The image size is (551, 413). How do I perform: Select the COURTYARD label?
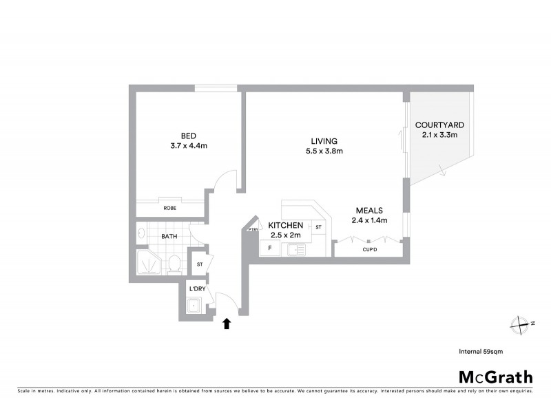[439, 125]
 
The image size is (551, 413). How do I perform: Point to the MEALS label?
[369, 211]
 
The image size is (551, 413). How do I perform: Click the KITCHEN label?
[285, 226]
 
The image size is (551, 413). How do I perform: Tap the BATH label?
[169, 236]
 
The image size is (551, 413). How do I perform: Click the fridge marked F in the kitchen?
[270, 246]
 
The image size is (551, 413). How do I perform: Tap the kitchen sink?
[294, 250]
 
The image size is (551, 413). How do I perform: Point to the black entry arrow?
[227, 322]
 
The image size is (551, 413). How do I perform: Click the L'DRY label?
[198, 289]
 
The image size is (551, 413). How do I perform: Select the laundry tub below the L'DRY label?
[195, 306]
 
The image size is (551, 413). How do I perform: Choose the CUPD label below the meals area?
[369, 250]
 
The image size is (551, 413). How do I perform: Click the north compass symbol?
[520, 324]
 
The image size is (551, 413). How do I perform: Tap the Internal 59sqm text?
[481, 351]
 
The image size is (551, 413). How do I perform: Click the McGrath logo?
[495, 377]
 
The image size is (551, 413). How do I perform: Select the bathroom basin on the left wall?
[141, 233]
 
